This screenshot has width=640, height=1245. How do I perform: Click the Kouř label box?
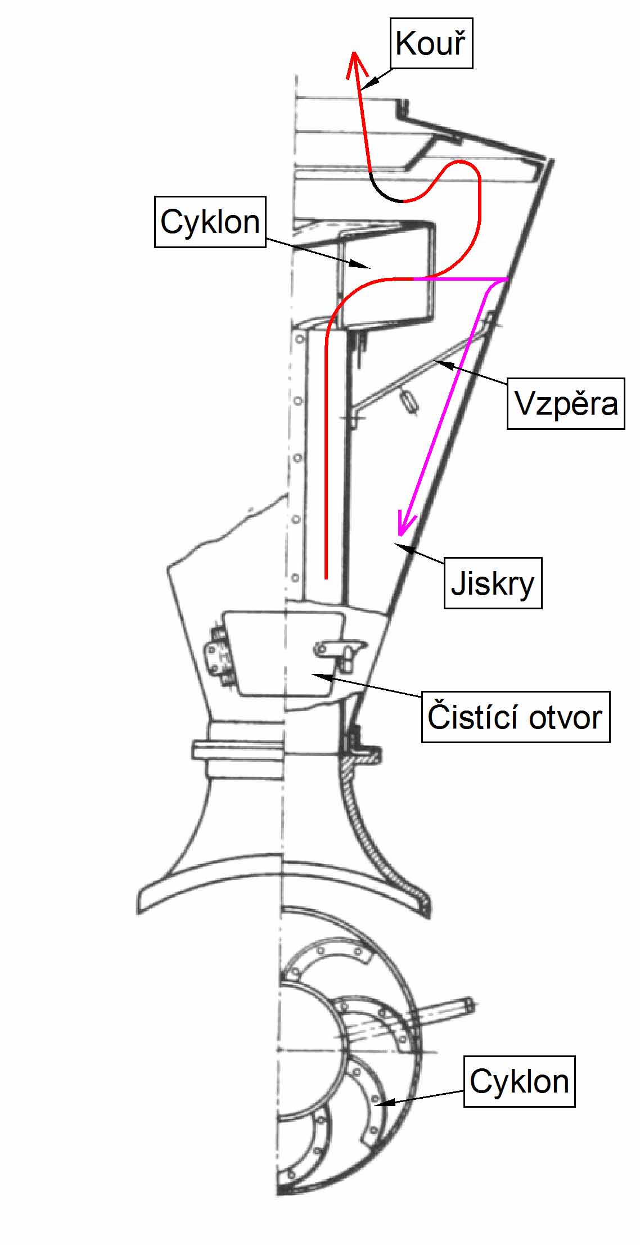pyautogui.click(x=431, y=43)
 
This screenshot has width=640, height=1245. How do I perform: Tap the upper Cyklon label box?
pyautogui.click(x=210, y=222)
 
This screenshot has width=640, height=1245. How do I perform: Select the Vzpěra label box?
pyautogui.click(x=566, y=403)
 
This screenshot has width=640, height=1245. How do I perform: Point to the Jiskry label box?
pyautogui.click(x=493, y=583)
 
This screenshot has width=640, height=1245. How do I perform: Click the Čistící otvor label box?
pyautogui.click(x=515, y=717)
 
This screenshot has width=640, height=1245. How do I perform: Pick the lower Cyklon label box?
pyautogui.click(x=519, y=1081)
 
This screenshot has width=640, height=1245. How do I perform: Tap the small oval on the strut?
pyautogui.click(x=409, y=401)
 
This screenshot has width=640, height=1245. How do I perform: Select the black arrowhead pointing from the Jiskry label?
pyautogui.click(x=400, y=546)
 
